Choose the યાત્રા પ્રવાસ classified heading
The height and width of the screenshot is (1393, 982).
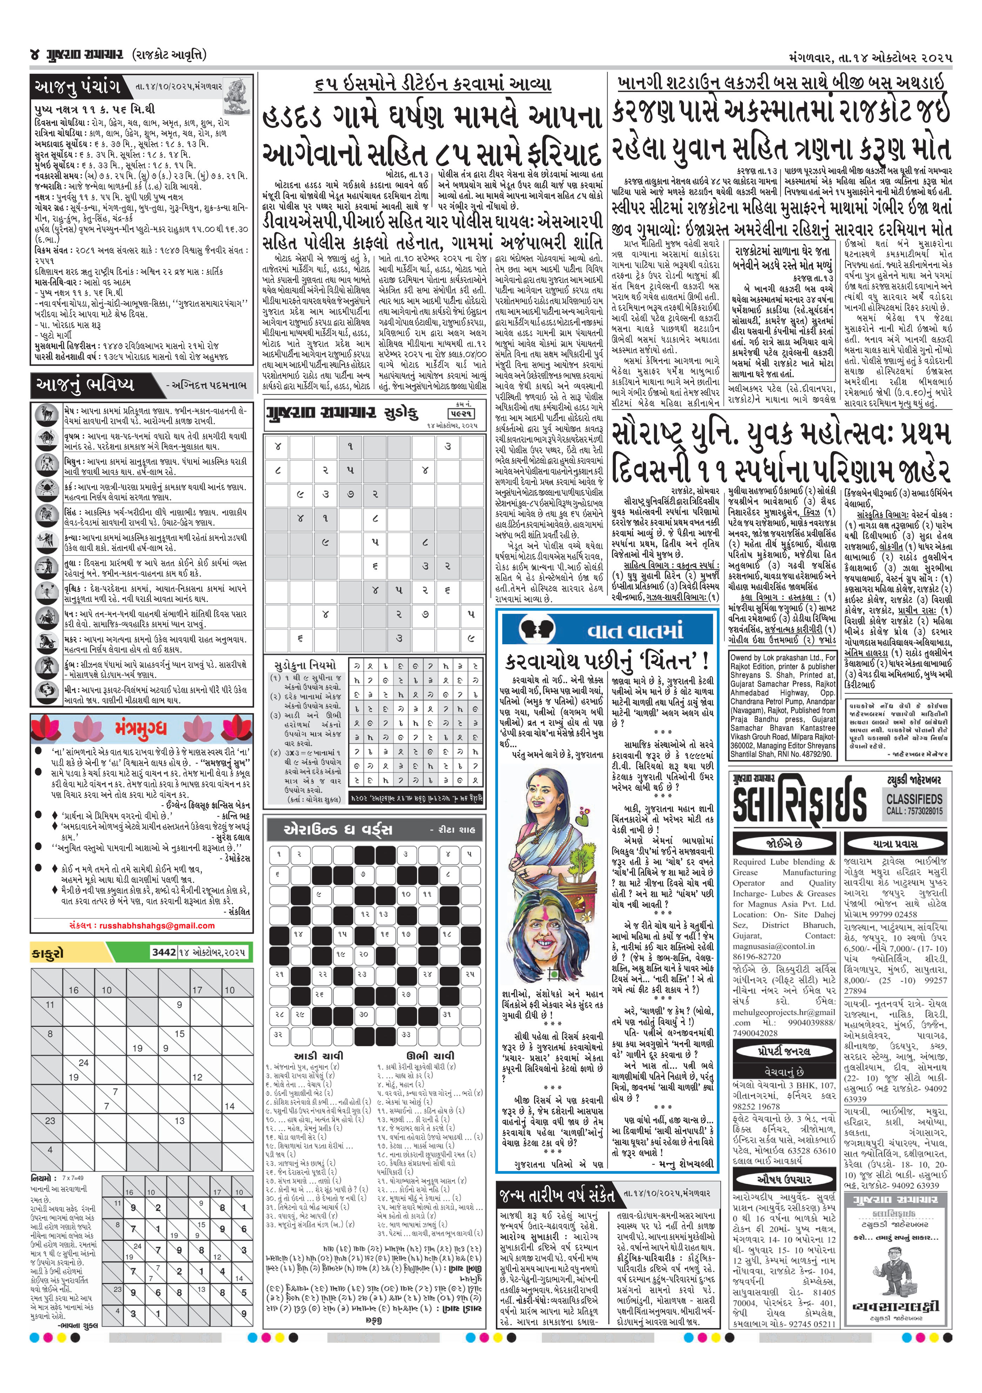click(x=895, y=843)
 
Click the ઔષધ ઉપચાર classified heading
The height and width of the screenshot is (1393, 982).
click(x=784, y=1179)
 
